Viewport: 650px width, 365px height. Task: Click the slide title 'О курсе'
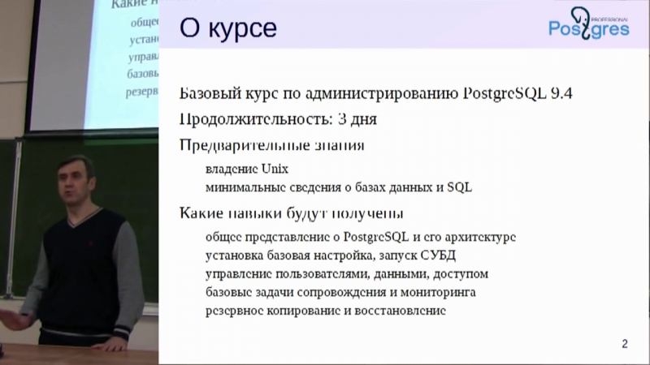[x=228, y=30]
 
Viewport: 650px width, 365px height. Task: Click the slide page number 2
[x=624, y=344]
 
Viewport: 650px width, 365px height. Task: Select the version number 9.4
[x=560, y=92]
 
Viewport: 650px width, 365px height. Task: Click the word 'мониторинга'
[x=435, y=292]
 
